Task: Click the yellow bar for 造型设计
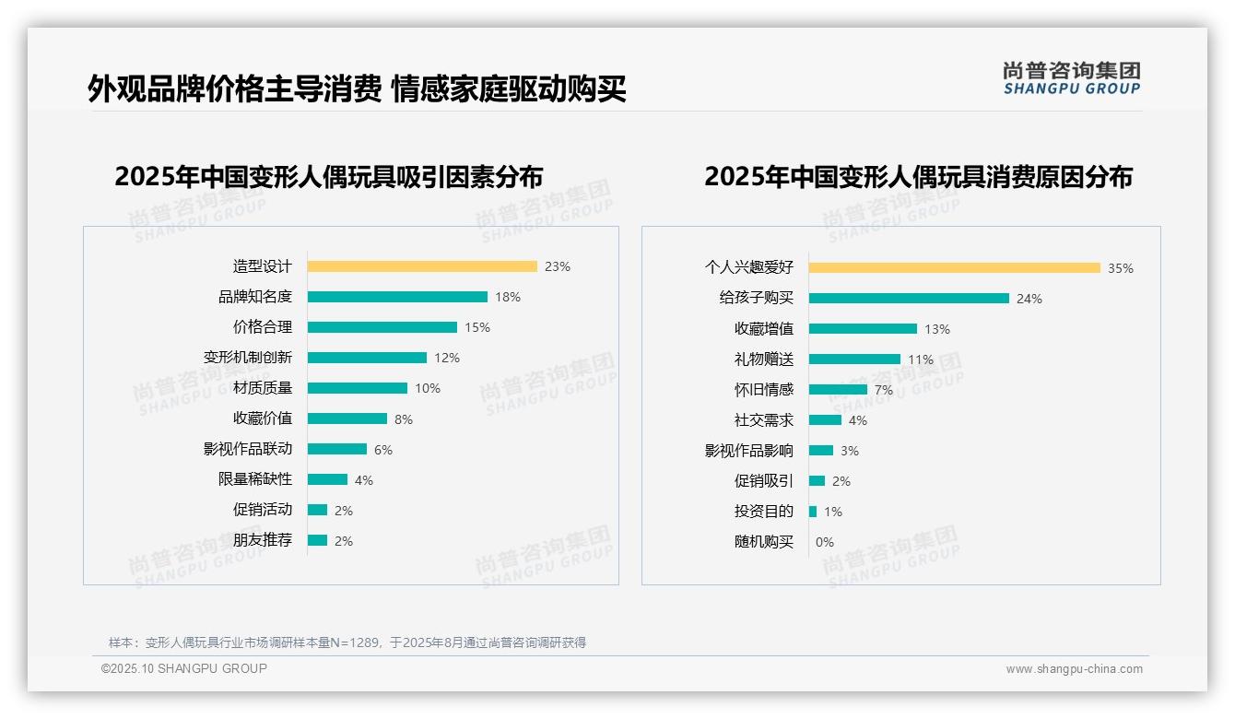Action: coord(422,266)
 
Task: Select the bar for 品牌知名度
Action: coord(397,297)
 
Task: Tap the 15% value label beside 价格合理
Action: coord(477,327)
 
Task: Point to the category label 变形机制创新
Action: coord(248,358)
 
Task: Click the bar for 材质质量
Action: coord(358,388)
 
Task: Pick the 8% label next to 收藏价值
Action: coord(404,419)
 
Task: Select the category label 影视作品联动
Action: coord(248,449)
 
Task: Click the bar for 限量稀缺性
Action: coord(327,479)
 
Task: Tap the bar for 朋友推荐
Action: coord(317,540)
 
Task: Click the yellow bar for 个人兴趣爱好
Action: coord(954,268)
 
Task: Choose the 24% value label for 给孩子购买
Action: coord(1029,299)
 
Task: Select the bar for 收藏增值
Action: coord(863,329)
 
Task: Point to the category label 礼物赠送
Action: coord(764,359)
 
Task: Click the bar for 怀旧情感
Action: coord(838,390)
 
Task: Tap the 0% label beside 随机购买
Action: coord(825,542)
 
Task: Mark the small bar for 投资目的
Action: coord(813,512)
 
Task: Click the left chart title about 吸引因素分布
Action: coord(329,176)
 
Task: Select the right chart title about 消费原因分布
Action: coord(918,176)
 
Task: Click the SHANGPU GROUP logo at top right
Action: coord(1072,78)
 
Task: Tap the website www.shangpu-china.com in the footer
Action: coord(1074,669)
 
